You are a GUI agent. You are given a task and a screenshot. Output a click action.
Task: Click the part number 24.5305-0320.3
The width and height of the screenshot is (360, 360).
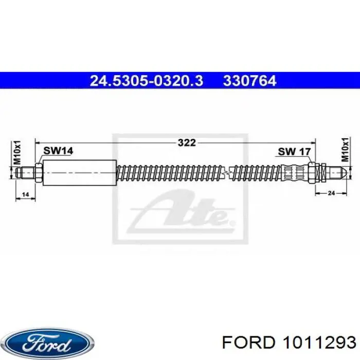tap(147, 81)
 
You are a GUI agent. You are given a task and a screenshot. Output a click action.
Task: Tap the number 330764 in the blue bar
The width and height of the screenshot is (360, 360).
tap(249, 81)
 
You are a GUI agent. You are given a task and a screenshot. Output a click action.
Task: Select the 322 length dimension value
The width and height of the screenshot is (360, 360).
tap(187, 143)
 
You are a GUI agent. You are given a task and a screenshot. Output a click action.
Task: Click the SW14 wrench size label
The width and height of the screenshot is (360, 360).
tap(58, 151)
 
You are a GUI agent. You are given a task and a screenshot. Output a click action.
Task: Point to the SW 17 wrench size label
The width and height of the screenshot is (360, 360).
tap(294, 152)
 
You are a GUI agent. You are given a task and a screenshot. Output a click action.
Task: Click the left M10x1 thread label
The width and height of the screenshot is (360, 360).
tap(17, 152)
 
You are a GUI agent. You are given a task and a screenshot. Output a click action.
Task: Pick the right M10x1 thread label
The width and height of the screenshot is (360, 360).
tap(345, 150)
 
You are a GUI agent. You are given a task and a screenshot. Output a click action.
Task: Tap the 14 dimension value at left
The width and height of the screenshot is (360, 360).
tap(25, 195)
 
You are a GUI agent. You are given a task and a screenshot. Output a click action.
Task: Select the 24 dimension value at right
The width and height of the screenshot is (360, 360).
tap(331, 193)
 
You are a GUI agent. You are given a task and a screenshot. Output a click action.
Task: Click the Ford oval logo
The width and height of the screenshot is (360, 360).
tap(49, 344)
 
